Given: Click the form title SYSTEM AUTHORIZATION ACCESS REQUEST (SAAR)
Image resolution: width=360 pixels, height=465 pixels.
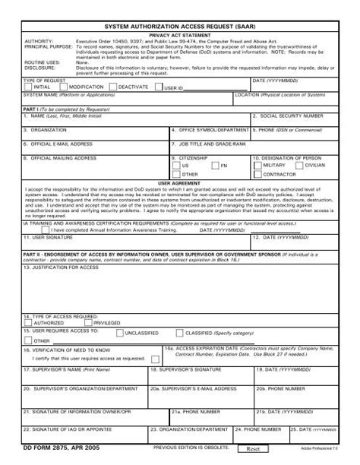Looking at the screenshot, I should [180, 25].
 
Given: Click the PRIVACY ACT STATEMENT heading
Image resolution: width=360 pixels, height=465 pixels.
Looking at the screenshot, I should [180, 35].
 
